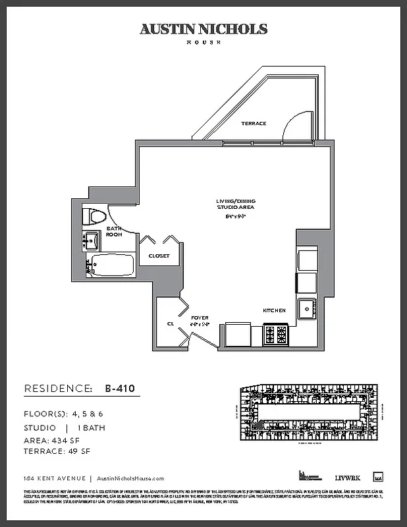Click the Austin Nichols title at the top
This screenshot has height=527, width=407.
[203, 29]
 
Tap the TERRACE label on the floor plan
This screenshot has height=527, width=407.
[254, 123]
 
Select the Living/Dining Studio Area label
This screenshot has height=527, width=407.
[235, 204]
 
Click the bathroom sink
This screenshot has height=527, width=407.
[90, 240]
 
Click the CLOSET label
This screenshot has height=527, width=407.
[159, 256]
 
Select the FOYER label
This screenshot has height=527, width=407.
[200, 318]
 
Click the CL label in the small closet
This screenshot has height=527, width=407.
[171, 323]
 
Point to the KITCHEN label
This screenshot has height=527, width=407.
[274, 310]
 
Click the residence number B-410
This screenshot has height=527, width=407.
[120, 389]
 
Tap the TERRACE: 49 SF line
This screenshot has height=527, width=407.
[57, 451]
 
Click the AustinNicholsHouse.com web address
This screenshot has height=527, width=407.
[130, 479]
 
